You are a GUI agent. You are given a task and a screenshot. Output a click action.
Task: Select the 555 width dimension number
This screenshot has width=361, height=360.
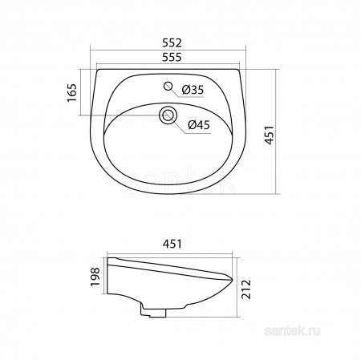(168, 59)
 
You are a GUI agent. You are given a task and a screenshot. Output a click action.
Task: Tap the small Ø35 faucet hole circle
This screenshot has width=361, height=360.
(167, 87)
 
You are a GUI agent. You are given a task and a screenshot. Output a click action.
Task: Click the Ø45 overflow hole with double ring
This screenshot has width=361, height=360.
(168, 115)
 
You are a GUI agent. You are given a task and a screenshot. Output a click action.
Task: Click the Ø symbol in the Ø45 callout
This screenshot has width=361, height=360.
(191, 124)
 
